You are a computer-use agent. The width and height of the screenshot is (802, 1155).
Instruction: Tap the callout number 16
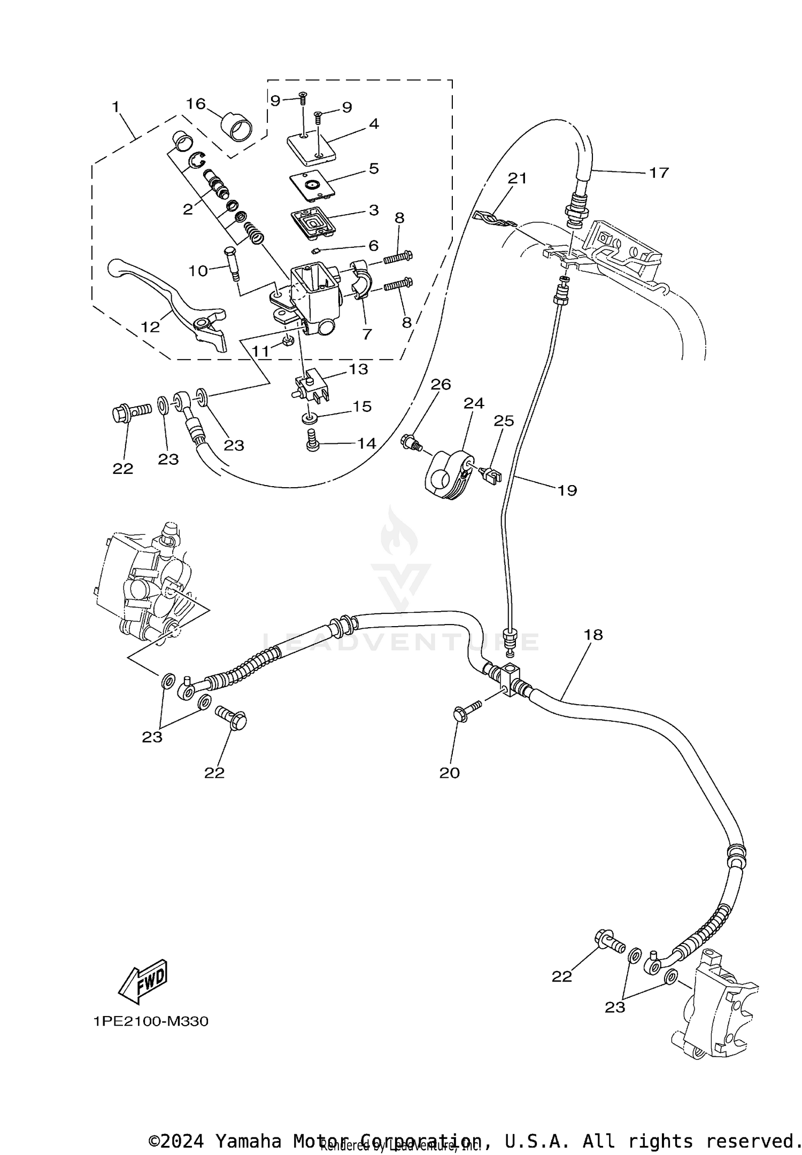pos(196,103)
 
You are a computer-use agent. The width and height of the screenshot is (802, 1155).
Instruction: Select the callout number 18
pos(593,635)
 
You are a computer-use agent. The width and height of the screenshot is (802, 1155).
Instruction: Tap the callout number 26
pos(441,384)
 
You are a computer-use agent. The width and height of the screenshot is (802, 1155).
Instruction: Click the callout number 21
pos(517,178)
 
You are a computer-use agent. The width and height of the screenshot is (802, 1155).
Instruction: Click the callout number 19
pos(567,490)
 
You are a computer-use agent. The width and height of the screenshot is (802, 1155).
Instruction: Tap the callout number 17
pos(659,173)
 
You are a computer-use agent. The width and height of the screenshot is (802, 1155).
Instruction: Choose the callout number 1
pos(115,106)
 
